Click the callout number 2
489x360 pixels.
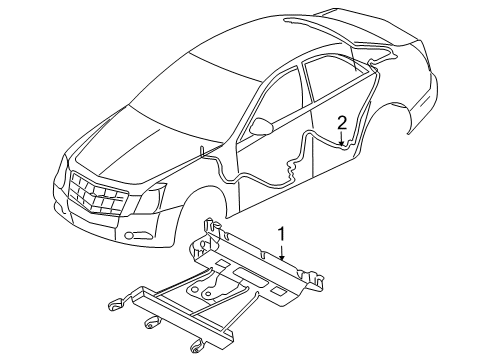(x=342, y=123)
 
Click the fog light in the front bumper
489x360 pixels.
(x=131, y=237)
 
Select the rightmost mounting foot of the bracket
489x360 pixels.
(x=198, y=345)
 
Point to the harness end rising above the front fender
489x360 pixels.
(x=203, y=151)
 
